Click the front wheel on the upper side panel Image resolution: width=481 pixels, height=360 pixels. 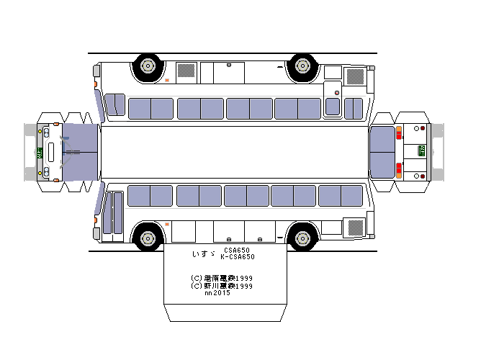point(148,66)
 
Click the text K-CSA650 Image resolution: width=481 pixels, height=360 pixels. point(238,257)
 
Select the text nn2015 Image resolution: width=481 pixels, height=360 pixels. point(217,293)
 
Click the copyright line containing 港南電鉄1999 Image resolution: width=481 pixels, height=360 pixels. point(222,278)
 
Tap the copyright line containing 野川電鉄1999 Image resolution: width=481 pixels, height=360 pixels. point(222,286)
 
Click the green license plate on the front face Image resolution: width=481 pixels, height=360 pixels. point(39,152)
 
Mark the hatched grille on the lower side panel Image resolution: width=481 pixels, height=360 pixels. point(356,228)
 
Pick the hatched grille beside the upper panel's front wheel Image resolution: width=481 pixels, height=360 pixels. point(186,70)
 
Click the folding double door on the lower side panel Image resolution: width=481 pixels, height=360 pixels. point(113,212)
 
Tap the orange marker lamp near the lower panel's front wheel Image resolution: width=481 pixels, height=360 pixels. point(167,225)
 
